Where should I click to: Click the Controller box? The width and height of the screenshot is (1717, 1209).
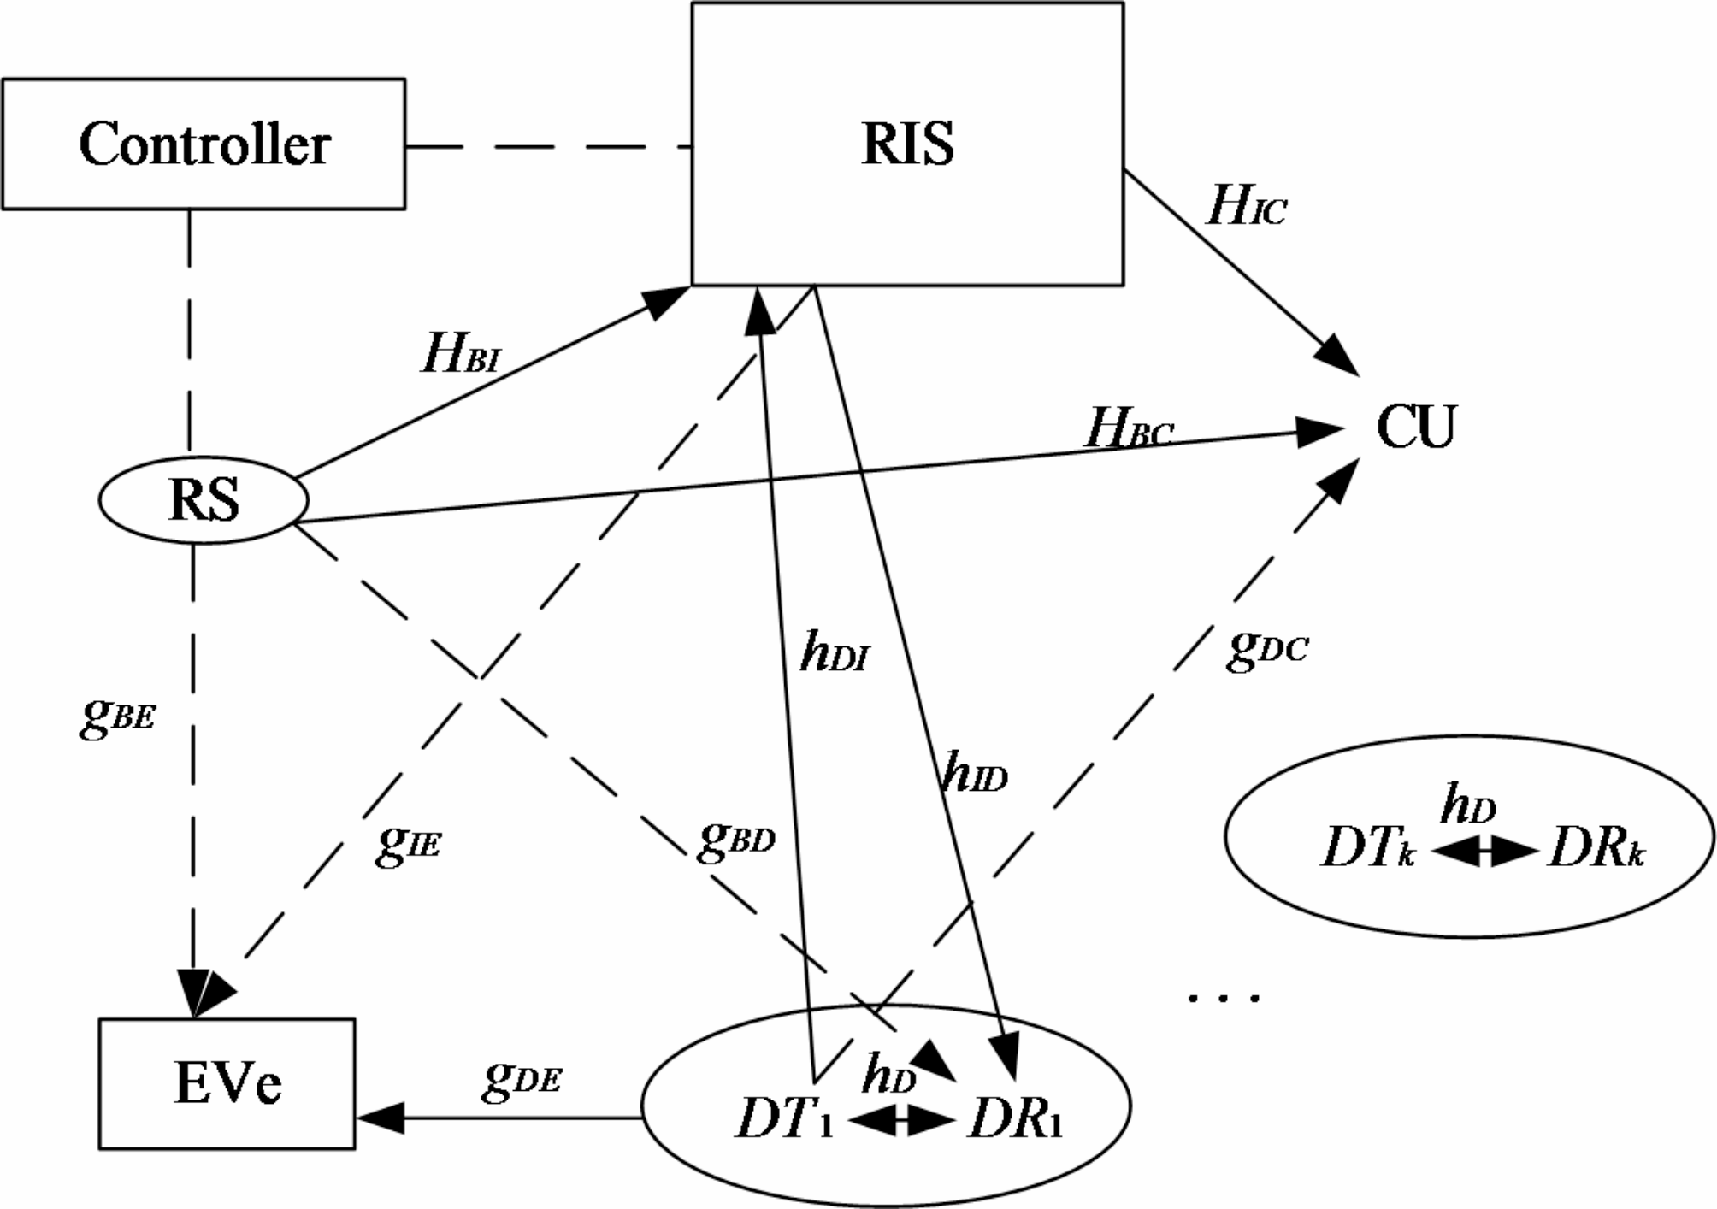coord(204,144)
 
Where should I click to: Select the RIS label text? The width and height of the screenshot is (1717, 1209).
coord(907,144)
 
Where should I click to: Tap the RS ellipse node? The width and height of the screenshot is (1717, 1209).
coord(204,499)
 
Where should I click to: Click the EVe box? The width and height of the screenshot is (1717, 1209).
coord(227,1083)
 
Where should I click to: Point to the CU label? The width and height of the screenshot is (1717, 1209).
coord(1415,427)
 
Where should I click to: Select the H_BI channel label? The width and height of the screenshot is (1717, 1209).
coord(460,354)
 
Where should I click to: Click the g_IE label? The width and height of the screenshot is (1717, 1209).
coord(409,843)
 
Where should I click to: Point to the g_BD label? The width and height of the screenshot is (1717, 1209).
coord(736,839)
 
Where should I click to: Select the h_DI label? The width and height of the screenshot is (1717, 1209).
coord(835,654)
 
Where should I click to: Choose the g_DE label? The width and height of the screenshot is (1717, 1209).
coord(522,1078)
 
